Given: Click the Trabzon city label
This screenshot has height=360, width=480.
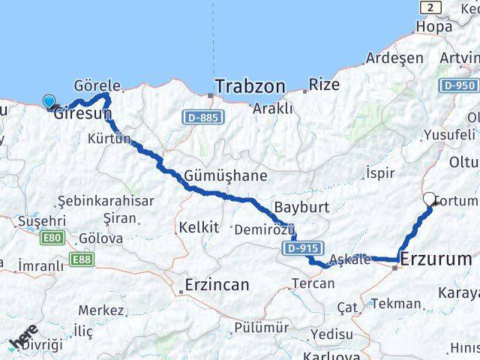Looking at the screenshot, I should [250, 87].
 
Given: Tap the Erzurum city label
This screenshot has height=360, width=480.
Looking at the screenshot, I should [436, 259].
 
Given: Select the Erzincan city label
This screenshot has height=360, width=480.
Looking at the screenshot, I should [217, 284].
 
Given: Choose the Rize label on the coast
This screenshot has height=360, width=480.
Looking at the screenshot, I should [324, 85].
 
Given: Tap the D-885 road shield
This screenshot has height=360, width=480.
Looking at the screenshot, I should [202, 117].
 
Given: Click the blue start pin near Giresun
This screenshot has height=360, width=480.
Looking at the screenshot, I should [49, 103].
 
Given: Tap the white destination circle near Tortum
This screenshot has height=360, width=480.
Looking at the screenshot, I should [430, 199].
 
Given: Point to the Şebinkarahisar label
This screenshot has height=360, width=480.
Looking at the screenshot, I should [106, 201].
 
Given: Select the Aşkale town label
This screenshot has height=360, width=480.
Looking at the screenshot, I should [349, 259].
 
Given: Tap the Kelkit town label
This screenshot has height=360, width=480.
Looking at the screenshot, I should [198, 226].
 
